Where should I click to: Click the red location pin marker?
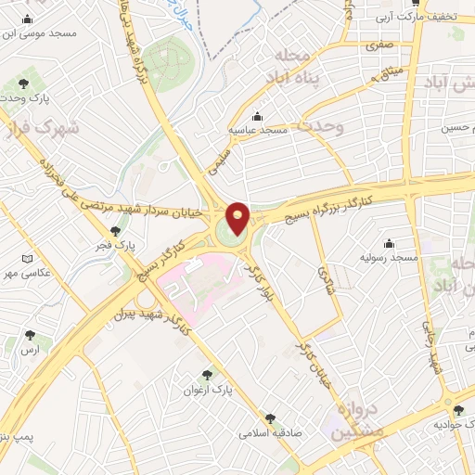[x=237, y=218]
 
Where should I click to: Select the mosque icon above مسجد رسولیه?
[x=388, y=242]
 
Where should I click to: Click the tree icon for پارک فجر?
[x=115, y=231]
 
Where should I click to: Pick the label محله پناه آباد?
[x=295, y=69]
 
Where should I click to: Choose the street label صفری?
[x=379, y=44]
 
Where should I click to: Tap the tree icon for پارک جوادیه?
[x=457, y=410]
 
